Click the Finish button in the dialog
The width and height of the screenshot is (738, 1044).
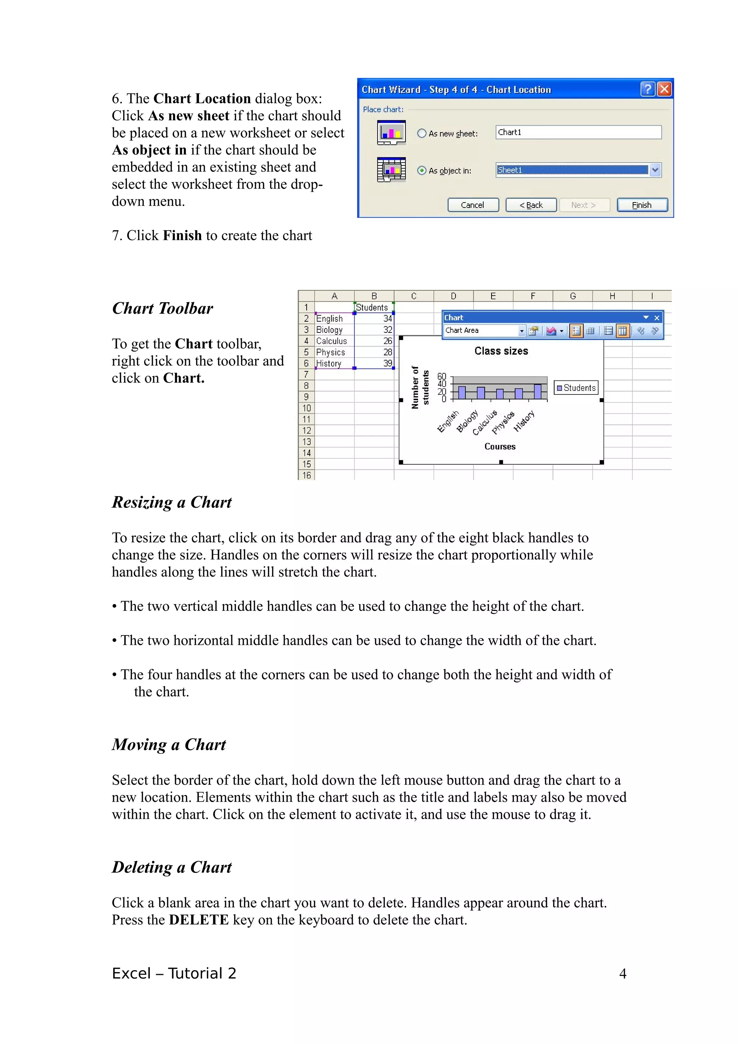pos(641,205)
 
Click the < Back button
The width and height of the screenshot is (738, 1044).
pos(531,205)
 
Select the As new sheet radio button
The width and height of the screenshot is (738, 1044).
pos(422,133)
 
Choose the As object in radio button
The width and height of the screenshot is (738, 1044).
pos(422,170)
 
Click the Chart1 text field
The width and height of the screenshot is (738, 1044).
pos(578,132)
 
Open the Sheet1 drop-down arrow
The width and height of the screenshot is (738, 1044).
pos(655,170)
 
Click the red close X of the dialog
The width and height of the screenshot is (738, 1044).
pos(664,89)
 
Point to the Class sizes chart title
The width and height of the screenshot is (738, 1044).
pos(501,351)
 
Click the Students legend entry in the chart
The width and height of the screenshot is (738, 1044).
pos(576,388)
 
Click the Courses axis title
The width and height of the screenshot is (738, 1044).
pos(500,446)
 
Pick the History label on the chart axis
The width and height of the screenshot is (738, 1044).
pos(524,421)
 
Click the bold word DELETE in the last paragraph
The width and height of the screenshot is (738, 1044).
pos(199,920)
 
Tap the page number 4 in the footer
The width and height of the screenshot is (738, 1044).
pos(622,973)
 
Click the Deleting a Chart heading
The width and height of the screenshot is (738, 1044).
pos(172,867)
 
